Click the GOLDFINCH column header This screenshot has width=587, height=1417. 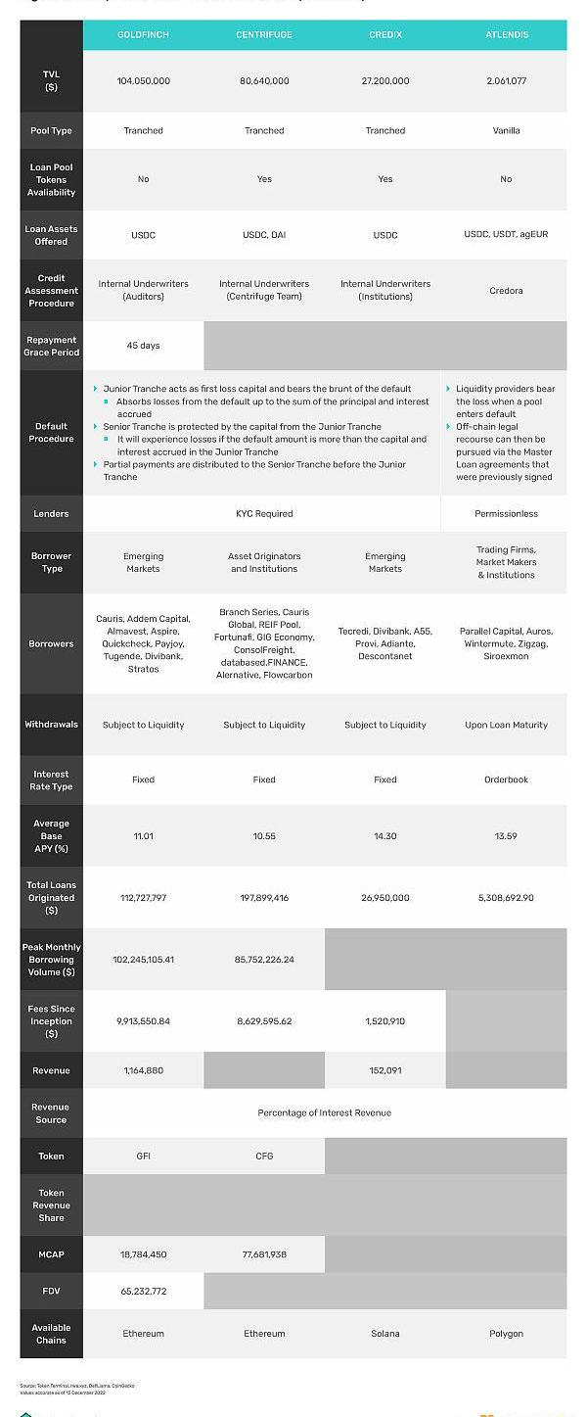coord(143,34)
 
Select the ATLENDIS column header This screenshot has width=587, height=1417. coord(507,34)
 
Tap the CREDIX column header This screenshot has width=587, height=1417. coord(385,34)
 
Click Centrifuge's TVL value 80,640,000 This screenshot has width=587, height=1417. coord(264,81)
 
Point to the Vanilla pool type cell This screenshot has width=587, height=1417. coord(507,130)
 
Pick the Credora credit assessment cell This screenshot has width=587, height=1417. coord(507,291)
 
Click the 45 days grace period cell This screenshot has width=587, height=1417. coord(143,346)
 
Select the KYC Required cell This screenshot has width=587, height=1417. coord(264,513)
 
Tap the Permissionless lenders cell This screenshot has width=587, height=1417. coord(507,513)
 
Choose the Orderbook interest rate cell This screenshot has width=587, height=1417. coord(507,780)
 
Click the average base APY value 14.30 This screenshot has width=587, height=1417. coord(385,836)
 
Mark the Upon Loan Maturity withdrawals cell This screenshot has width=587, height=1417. coord(507,726)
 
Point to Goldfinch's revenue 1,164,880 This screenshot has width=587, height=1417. coord(143,1070)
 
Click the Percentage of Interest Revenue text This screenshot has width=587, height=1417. coord(324,1112)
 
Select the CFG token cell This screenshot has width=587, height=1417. coord(264,1157)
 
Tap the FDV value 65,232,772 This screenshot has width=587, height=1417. coord(143,1292)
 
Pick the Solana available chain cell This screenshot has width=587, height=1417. coord(385,1334)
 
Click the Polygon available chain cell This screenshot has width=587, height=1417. coord(507,1334)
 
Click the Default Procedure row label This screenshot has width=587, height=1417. coord(51,432)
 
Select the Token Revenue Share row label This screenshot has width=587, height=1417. coord(51,1205)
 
